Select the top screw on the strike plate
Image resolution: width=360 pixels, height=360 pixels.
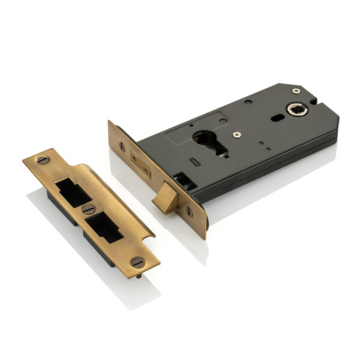pyautogui.click(x=43, y=160)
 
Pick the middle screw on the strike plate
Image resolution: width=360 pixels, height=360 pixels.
pyautogui.click(x=89, y=209)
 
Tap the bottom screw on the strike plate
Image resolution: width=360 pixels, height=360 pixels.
pyautogui.click(x=137, y=263)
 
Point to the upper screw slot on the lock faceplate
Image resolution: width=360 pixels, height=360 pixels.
pyautogui.click(x=122, y=146)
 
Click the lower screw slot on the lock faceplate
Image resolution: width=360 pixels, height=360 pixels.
pyautogui.click(x=189, y=211)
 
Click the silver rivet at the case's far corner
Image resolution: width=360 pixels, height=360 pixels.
pyautogui.click(x=296, y=91)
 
